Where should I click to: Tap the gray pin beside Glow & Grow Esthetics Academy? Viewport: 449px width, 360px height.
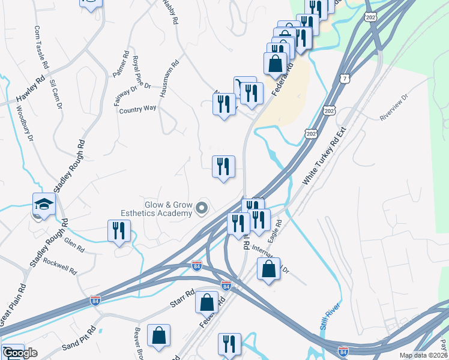pyautogui.click(x=202, y=209)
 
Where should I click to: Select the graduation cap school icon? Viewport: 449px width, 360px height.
pyautogui.click(x=44, y=205)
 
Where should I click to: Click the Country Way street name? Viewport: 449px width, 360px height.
pyautogui.click(x=137, y=109)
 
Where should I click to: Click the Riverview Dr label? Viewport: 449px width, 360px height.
pyautogui.click(x=394, y=107)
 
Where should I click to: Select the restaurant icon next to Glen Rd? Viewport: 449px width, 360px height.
pyautogui.click(x=119, y=231)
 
